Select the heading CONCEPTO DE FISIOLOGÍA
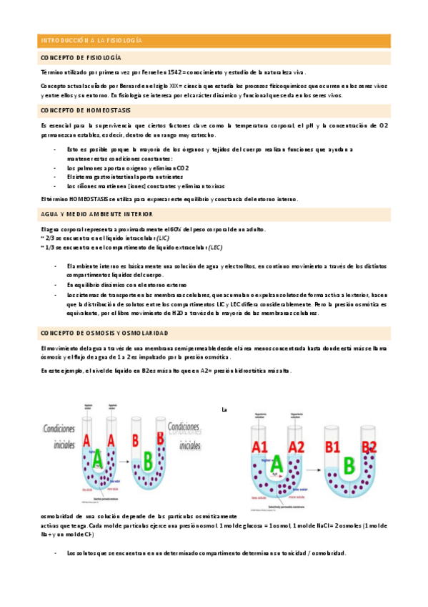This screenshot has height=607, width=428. point(81,57)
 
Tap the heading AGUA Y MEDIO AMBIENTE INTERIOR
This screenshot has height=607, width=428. point(96,213)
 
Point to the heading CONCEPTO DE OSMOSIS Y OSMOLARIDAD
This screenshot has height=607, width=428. point(104,334)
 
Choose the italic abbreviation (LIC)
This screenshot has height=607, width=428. point(163,238)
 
